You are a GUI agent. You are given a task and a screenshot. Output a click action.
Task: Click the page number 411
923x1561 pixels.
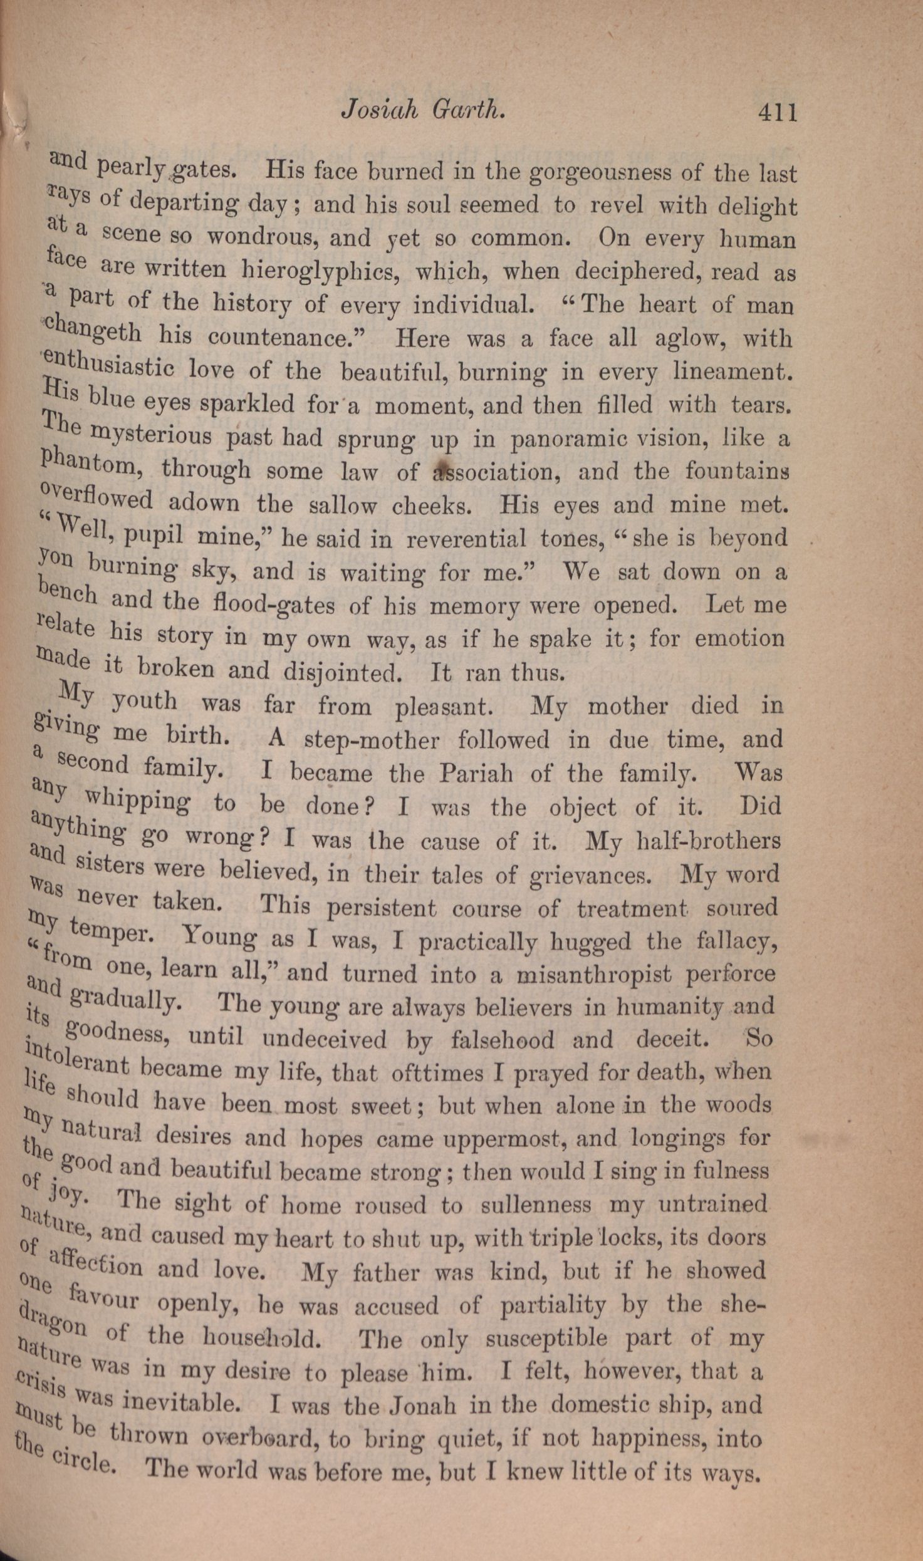[778, 112]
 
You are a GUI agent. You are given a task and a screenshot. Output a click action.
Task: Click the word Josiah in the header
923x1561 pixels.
[378, 110]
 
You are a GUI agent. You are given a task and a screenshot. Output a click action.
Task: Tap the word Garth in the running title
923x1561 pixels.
[468, 110]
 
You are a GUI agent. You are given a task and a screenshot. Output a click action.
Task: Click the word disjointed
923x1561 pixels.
[342, 672]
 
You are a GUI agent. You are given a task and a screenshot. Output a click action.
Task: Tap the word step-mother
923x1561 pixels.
[372, 740]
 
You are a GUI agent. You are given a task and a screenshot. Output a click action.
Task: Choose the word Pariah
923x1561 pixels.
[476, 773]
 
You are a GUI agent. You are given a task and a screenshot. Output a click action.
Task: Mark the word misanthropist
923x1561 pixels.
[593, 974]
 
